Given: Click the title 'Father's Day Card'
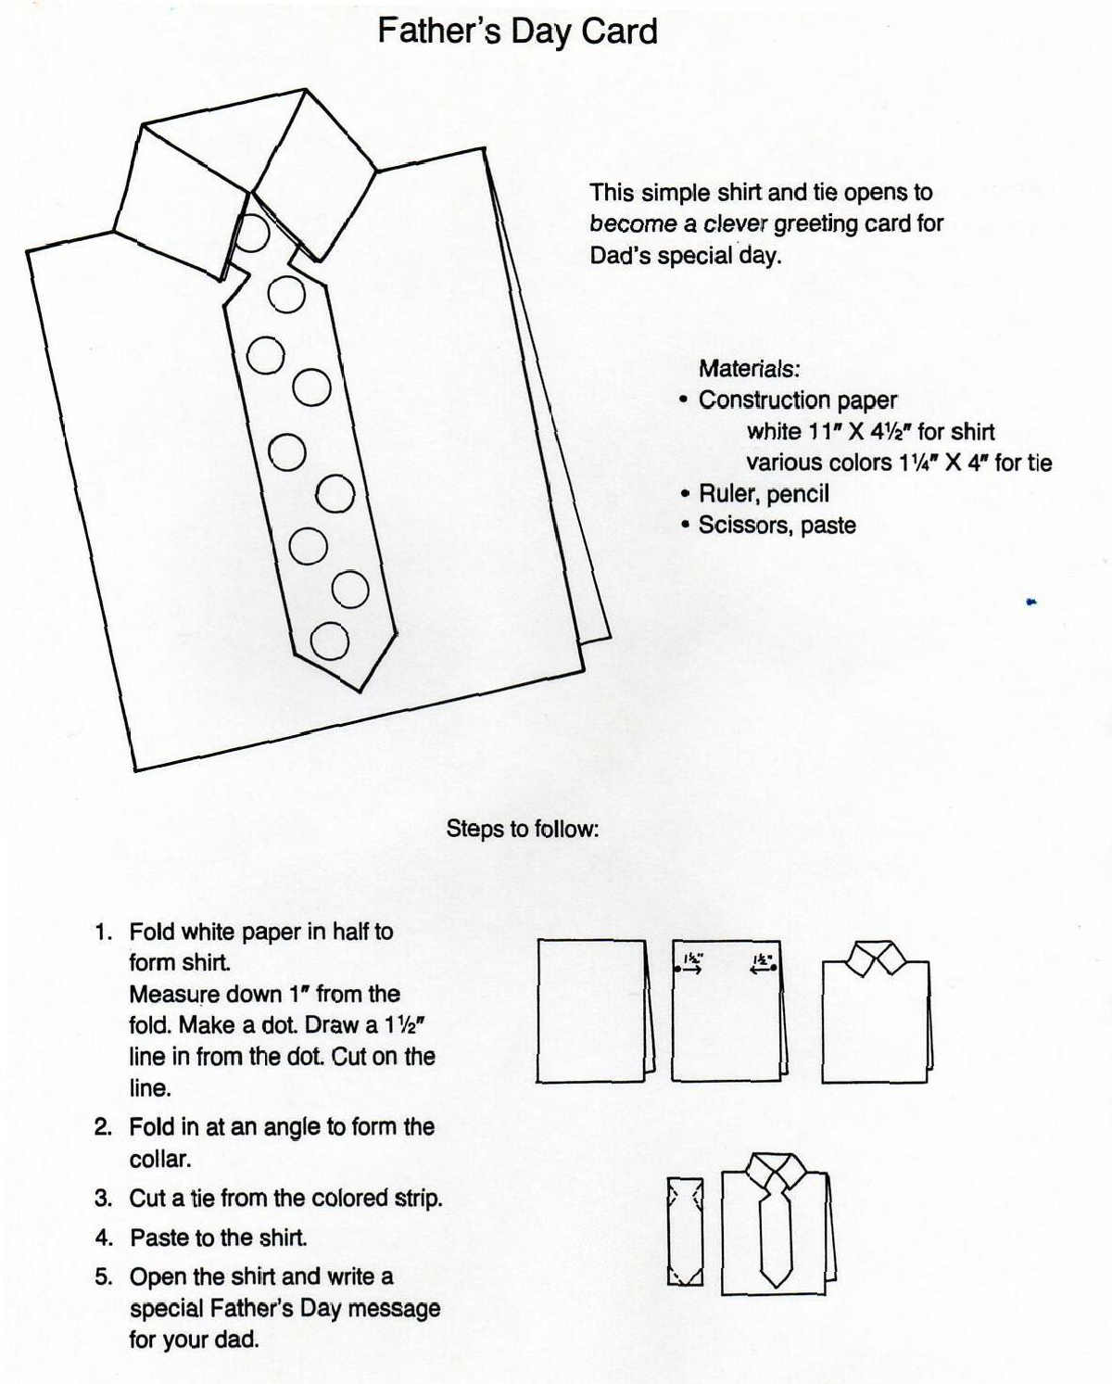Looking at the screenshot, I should [517, 32].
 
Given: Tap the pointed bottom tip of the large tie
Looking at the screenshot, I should [360, 688].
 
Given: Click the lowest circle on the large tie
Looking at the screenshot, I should [329, 641].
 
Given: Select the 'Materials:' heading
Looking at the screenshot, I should [749, 369].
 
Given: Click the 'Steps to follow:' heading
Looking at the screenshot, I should [523, 829].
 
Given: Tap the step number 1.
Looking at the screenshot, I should [102, 933].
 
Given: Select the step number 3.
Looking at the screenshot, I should [102, 1199].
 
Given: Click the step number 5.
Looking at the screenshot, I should [102, 1277].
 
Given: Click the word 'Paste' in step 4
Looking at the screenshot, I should [159, 1238].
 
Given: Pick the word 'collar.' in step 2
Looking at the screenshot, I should [160, 1160].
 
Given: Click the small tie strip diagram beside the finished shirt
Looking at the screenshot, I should [685, 1231].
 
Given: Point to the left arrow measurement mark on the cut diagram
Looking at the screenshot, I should [689, 965].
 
